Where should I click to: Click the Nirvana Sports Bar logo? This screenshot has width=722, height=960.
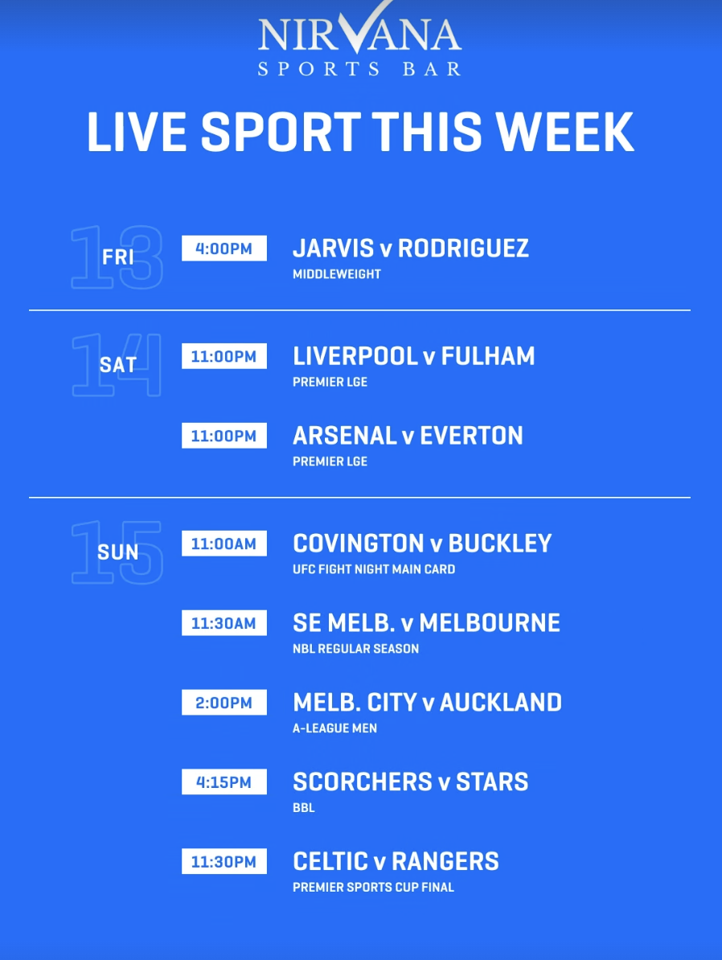coord(359,39)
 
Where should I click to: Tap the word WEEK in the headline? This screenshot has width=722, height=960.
coord(564,132)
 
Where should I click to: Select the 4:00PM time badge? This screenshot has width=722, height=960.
coord(224,248)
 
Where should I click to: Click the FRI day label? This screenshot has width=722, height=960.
coord(117,257)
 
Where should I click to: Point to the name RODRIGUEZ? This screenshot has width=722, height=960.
coord(463,248)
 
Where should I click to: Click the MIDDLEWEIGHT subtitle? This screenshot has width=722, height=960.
coord(337,274)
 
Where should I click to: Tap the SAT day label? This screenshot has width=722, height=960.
coord(117,365)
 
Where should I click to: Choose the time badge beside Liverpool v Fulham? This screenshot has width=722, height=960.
coord(224,356)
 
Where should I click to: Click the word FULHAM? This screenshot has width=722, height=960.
coord(488,356)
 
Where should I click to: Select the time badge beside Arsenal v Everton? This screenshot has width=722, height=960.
coord(224,436)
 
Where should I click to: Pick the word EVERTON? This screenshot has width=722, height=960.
coord(471,436)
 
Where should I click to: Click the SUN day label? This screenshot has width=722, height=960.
coord(117,552)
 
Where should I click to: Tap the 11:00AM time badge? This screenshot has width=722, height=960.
coord(224,544)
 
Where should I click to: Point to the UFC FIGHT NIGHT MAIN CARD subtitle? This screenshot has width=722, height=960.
coord(374,569)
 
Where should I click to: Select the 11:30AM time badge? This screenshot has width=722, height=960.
coord(224,623)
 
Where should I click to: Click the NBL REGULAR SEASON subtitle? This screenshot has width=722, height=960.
coord(356,649)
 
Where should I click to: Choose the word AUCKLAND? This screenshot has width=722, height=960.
coord(500,703)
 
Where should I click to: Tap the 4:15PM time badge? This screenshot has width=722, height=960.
coord(224,782)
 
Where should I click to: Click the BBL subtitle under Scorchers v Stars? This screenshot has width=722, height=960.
coord(304,807)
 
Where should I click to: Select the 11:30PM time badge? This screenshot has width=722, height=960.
coord(224,861)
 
